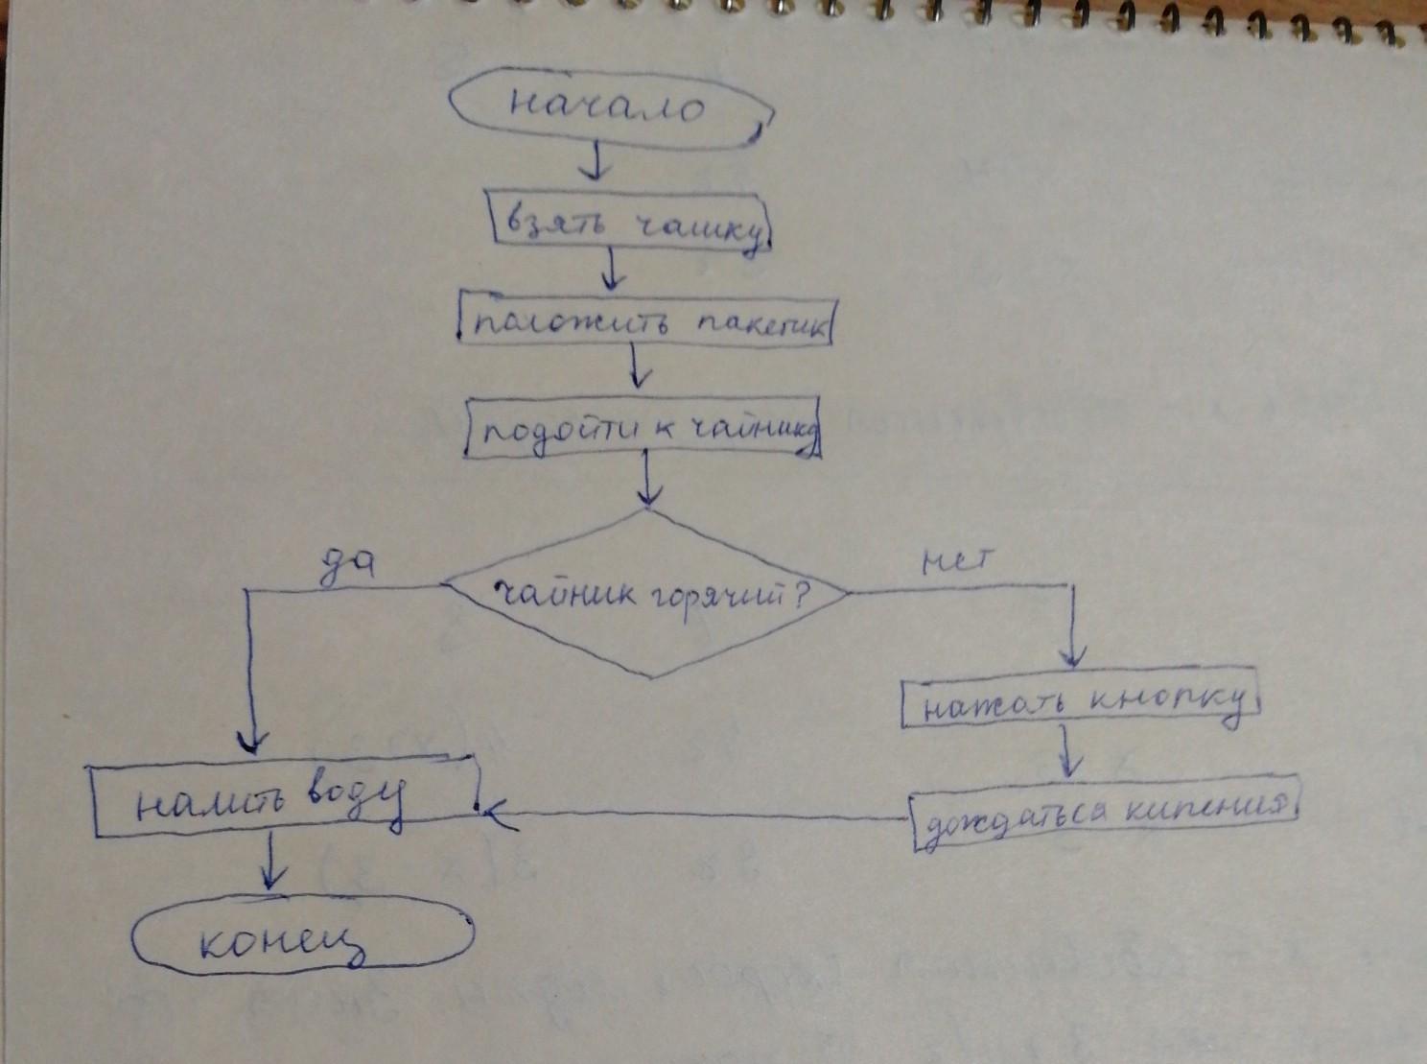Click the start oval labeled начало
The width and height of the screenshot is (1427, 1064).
pyautogui.click(x=610, y=106)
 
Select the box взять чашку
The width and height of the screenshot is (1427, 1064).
pyautogui.click(x=629, y=224)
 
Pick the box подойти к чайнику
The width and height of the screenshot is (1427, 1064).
pyautogui.click(x=643, y=429)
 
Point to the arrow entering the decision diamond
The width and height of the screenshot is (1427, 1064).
pyautogui.click(x=649, y=480)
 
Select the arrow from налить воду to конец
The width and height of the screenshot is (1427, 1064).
pyautogui.click(x=273, y=863)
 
